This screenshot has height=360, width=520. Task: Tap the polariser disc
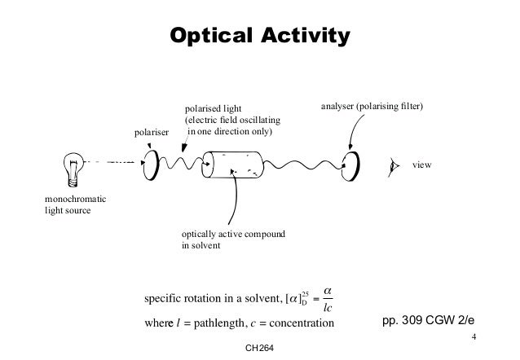(x=152, y=164)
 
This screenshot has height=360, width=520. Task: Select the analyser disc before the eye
(x=350, y=165)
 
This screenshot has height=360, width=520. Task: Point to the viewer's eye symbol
(x=395, y=165)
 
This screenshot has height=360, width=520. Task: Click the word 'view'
(x=421, y=165)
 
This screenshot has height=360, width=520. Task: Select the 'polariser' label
(x=151, y=132)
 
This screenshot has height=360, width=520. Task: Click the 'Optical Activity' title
(x=258, y=36)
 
